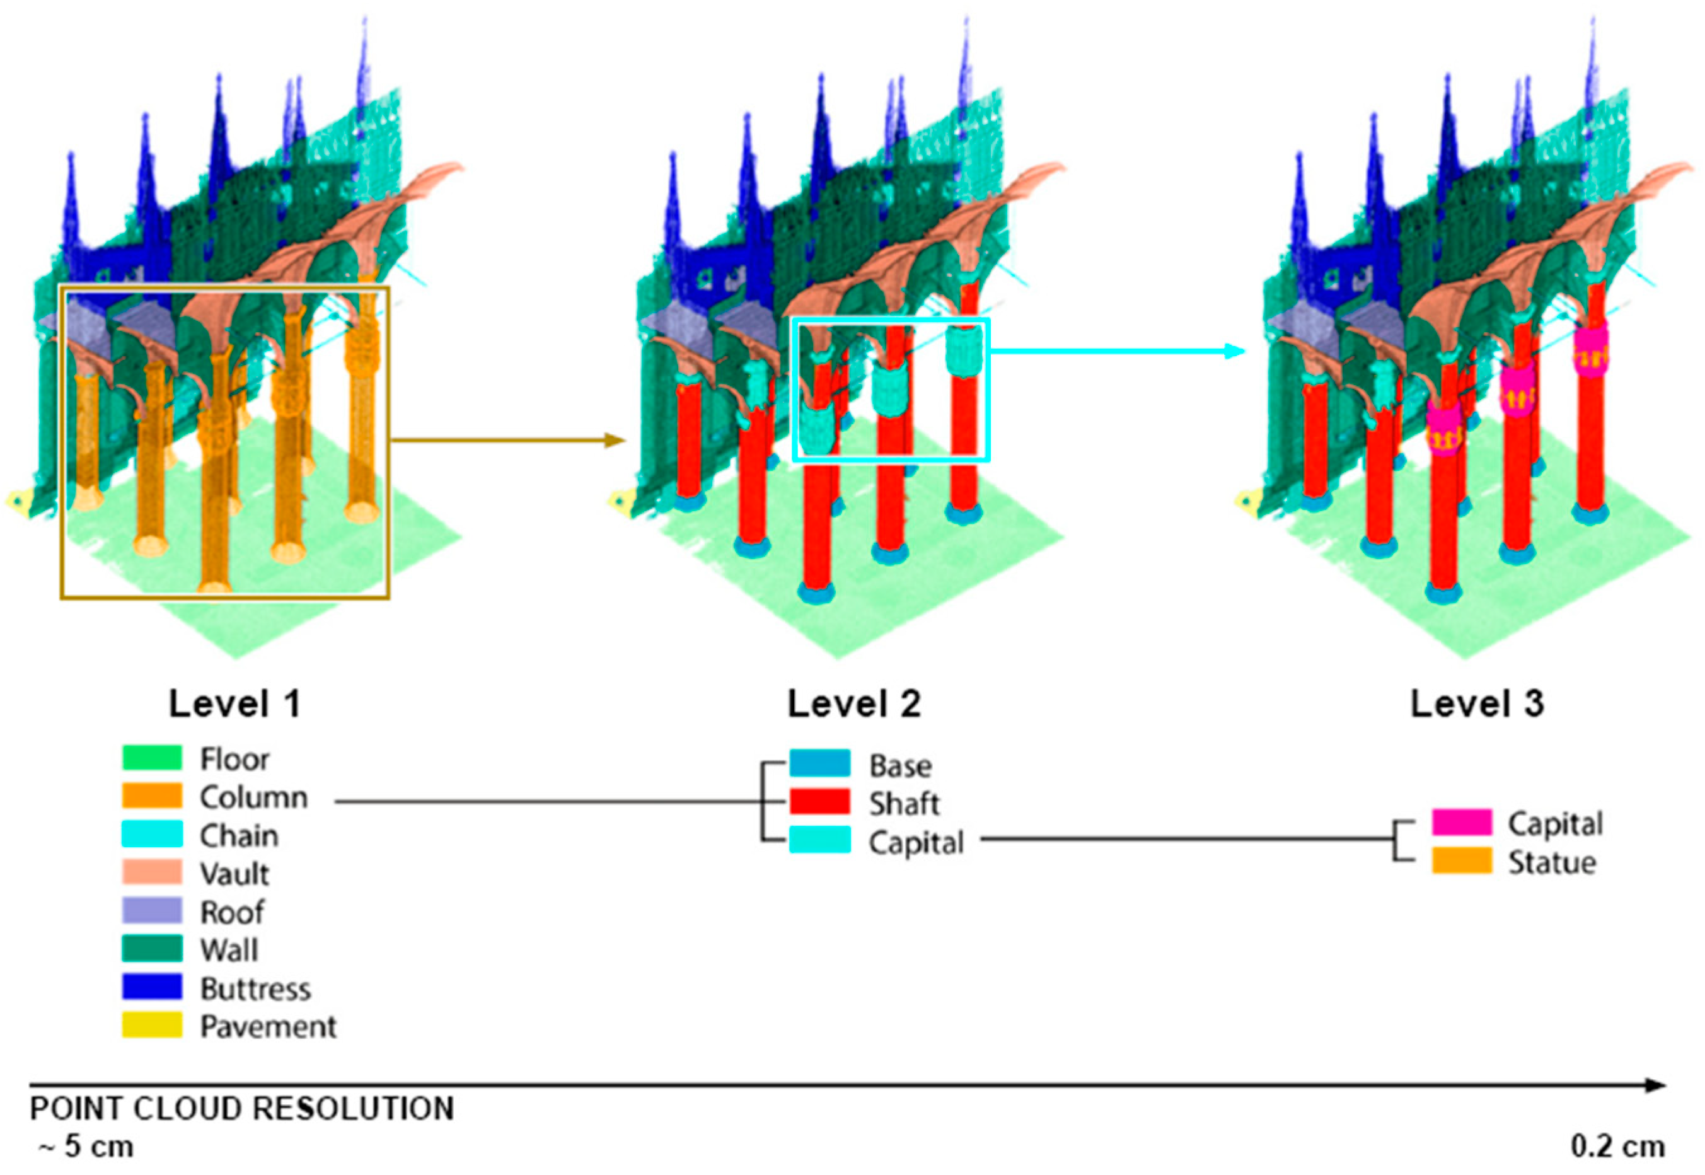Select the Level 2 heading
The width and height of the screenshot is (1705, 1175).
pos(854,704)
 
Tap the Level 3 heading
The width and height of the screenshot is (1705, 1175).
pos(1477,704)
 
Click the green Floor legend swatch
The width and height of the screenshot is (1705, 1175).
pos(152,758)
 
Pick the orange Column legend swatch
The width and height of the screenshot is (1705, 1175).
pos(152,797)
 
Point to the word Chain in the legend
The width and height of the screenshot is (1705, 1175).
pos(238,836)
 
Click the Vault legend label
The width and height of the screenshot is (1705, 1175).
pos(234,874)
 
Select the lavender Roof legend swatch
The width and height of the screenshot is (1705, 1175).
pos(152,912)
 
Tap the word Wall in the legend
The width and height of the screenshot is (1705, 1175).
pos(229,950)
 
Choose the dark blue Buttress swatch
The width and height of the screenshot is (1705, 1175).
pos(152,988)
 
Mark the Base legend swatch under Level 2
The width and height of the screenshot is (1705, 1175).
pos(819,764)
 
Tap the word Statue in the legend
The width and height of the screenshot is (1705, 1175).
pos(1552,863)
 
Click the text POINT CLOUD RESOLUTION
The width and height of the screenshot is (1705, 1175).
pos(241,1109)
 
